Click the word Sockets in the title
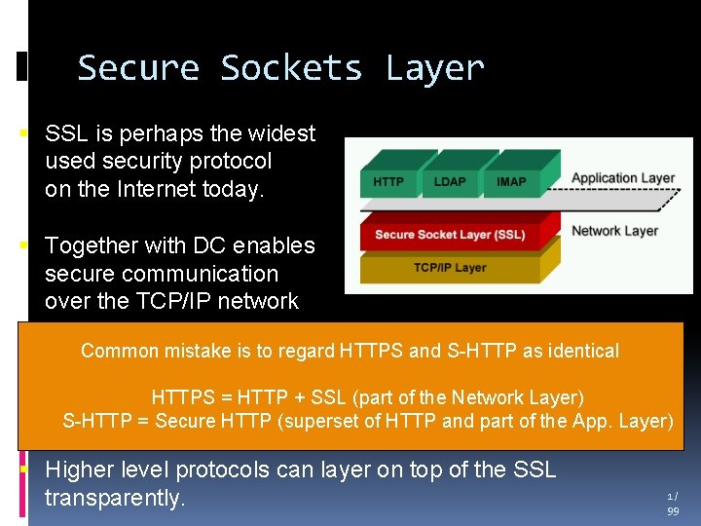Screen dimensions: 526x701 click(290, 69)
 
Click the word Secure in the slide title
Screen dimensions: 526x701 click(138, 69)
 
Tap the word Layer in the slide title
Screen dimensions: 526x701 click(434, 69)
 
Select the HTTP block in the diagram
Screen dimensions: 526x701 click(388, 181)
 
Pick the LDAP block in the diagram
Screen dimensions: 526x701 click(450, 181)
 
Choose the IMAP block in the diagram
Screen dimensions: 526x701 click(511, 181)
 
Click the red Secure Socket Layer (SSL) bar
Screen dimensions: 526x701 click(450, 235)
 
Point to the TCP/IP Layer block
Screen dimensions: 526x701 click(450, 267)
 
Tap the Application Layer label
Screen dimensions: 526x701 click(623, 178)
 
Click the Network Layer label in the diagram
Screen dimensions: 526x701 click(615, 231)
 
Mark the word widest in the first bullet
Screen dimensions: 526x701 click(280, 133)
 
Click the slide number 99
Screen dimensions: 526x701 click(673, 510)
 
